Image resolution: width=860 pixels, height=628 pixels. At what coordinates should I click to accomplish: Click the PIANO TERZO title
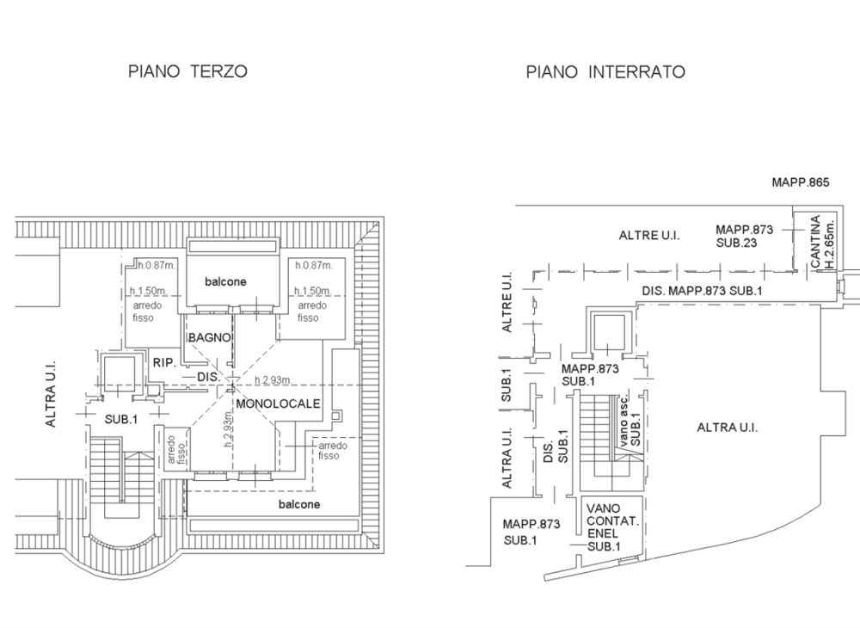point(187,72)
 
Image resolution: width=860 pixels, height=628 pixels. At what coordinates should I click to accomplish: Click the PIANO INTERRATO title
point(605,72)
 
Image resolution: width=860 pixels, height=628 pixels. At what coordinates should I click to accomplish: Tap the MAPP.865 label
point(800,183)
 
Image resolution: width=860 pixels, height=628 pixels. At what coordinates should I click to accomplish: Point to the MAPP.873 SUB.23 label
point(745,237)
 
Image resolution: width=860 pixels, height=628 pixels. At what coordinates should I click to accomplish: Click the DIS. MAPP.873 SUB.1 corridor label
point(702,292)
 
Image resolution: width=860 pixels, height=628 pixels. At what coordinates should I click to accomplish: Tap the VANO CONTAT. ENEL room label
point(611,520)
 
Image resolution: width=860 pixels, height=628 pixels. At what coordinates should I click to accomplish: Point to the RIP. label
point(164,363)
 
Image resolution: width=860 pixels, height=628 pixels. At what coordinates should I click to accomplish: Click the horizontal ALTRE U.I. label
point(649,235)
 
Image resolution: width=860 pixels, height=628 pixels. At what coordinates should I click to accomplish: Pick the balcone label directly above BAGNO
point(225,281)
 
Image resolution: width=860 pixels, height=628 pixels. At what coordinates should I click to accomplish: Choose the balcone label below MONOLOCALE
point(299,504)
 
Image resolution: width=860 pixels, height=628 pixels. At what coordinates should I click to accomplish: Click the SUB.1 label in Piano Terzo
point(121,419)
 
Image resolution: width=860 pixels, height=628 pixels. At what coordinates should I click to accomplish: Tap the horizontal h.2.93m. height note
point(271,379)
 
